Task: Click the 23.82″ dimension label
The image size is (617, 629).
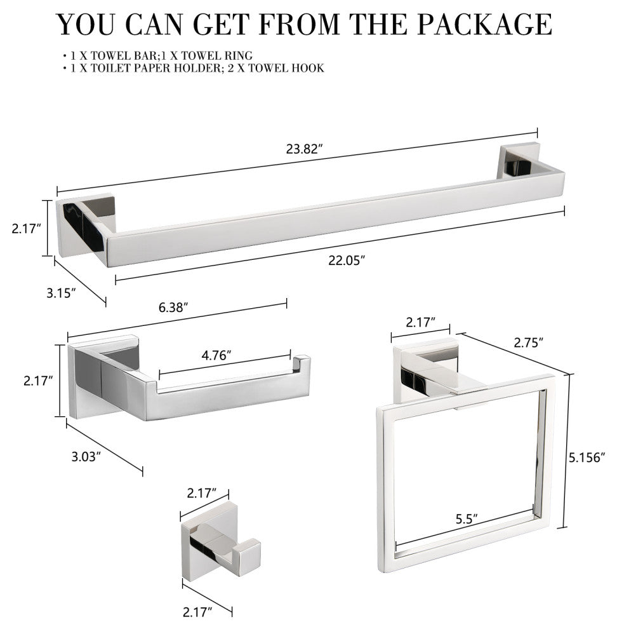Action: (x=304, y=149)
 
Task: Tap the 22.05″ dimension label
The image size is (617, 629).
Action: (x=347, y=260)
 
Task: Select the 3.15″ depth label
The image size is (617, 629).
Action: (x=61, y=294)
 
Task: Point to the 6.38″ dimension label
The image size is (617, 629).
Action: (x=173, y=308)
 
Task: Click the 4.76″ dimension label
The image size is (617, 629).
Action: (x=216, y=355)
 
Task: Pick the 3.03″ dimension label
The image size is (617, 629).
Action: (x=86, y=457)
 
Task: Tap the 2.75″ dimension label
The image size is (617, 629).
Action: (x=528, y=342)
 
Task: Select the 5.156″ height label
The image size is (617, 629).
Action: (x=587, y=457)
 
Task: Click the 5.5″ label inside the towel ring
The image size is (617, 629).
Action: (x=467, y=519)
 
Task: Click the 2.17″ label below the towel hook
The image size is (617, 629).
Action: (x=197, y=612)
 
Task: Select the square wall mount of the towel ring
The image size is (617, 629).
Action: (x=425, y=371)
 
